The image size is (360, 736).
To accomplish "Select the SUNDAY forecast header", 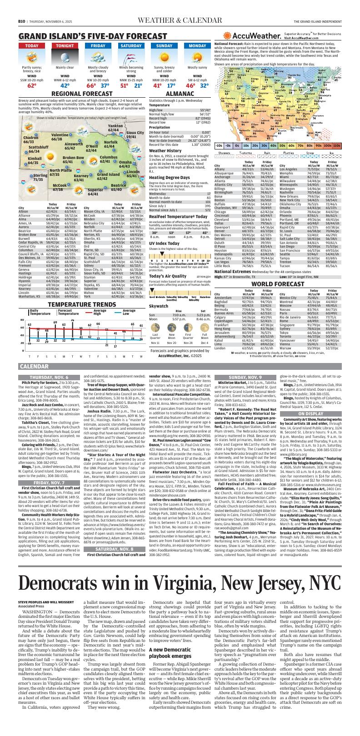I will pyautogui.click(x=164, y=46).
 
